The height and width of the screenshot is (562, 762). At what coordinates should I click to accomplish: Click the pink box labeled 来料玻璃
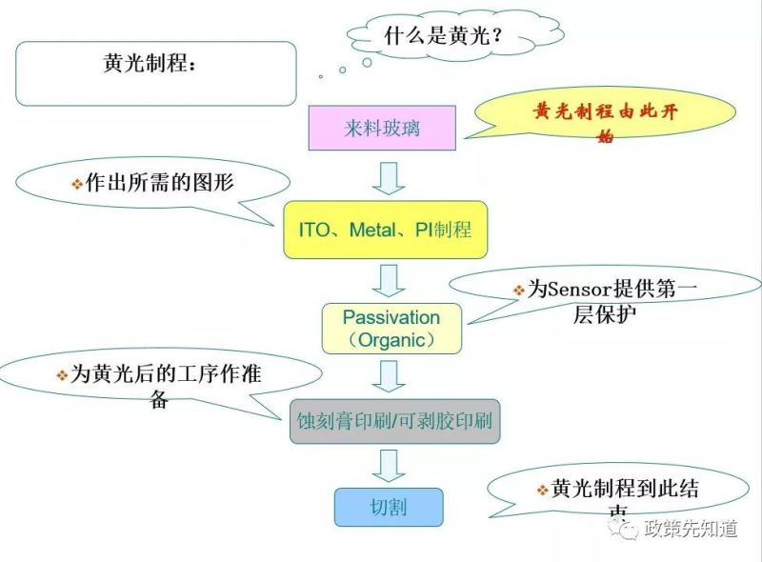[382, 128]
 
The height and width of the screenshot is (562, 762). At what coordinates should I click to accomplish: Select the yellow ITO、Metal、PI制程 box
[385, 230]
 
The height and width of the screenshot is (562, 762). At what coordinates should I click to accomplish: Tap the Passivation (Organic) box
[391, 328]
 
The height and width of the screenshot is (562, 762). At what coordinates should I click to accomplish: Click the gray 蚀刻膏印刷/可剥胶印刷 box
[395, 421]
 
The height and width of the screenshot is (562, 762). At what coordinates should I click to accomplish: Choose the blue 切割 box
[389, 507]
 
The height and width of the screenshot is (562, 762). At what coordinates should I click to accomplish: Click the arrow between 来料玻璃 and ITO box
[388, 177]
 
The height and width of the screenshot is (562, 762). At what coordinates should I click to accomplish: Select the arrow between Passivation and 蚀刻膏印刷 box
[388, 374]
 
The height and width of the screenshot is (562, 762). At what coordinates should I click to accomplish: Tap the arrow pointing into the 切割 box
[388, 465]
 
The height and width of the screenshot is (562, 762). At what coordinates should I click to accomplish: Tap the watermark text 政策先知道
[690, 530]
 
